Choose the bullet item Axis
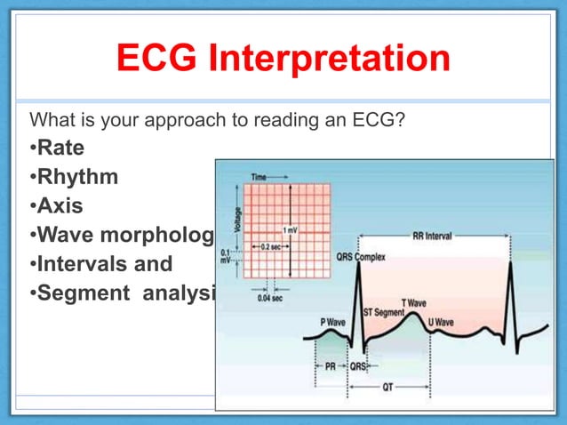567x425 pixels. click(x=60, y=205)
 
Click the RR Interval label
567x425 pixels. click(x=432, y=237)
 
